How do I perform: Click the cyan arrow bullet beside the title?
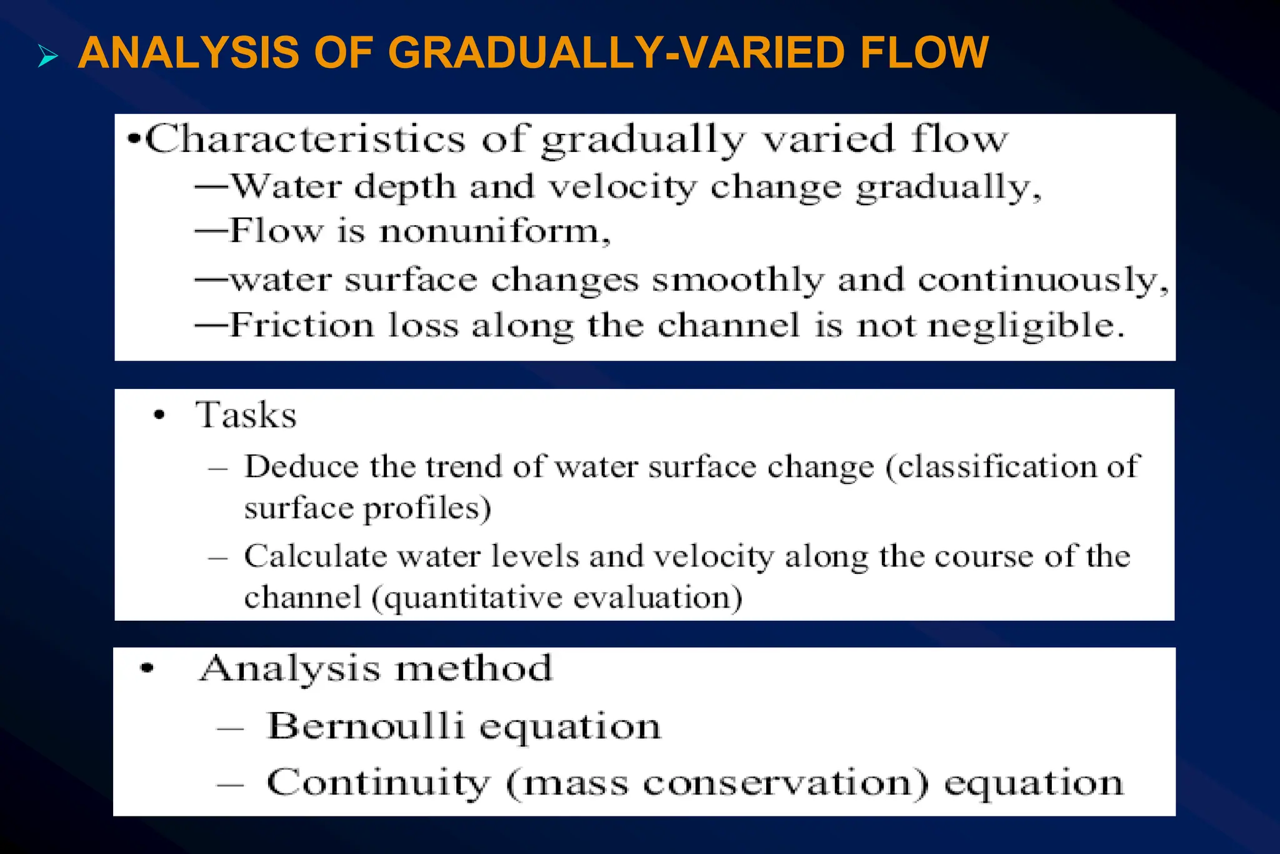tap(47, 56)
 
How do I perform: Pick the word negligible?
tap(1026, 326)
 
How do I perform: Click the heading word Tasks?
tap(246, 415)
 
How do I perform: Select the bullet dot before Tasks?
tap(160, 415)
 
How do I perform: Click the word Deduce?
tap(301, 466)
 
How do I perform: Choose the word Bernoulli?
tap(365, 726)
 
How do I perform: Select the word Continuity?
tap(377, 783)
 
